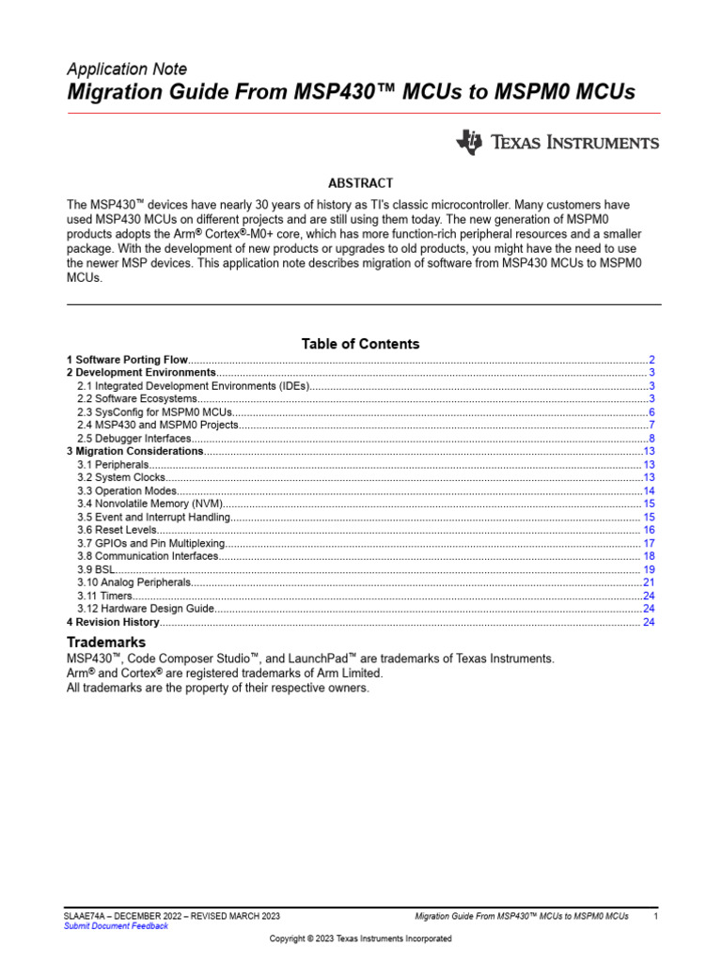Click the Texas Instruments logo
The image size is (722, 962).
(557, 143)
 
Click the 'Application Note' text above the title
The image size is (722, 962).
(127, 70)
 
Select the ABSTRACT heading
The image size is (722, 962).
(360, 183)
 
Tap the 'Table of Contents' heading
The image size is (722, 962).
(360, 344)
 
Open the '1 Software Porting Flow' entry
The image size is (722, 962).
(128, 360)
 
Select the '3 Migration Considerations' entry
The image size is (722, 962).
(135, 452)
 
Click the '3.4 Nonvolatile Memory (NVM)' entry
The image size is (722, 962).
(150, 504)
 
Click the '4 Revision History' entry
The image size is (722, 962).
(113, 622)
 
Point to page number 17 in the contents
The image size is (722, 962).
(649, 543)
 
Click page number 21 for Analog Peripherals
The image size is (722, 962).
(649, 582)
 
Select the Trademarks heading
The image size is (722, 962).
(106, 642)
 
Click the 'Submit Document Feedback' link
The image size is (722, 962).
(116, 926)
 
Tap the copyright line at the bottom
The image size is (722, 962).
(360, 939)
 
